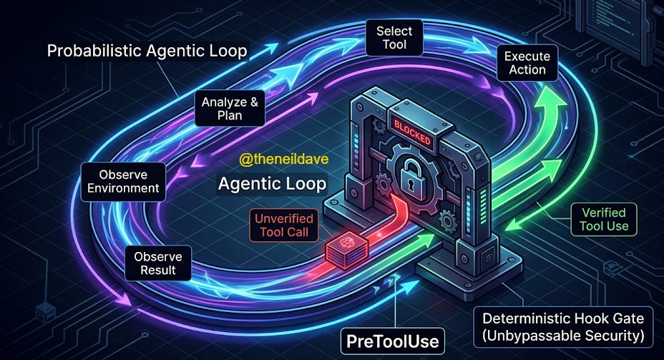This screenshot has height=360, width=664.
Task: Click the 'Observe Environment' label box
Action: pos(120,181)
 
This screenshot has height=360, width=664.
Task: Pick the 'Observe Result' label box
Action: pos(158,263)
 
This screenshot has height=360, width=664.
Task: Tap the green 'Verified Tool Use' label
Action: pos(603,219)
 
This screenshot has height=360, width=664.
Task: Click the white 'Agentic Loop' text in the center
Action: pos(272,184)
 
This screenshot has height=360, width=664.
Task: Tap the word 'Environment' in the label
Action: pos(120,188)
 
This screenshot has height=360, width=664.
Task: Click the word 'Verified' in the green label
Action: pos(603,212)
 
